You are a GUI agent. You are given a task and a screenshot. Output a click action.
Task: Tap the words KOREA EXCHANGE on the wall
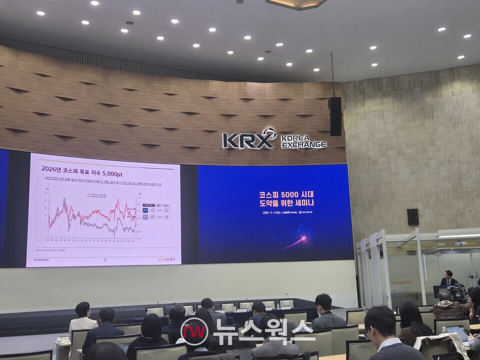click(303, 141)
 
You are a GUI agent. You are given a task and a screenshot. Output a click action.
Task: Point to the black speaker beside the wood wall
click(335, 116)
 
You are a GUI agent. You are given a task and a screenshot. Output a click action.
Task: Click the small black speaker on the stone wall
click(412, 216)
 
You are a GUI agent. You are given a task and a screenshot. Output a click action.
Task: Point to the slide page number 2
click(105, 259)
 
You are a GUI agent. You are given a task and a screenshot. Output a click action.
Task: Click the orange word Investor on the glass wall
click(402, 282)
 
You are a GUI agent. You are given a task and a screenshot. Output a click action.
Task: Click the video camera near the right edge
click(457, 292)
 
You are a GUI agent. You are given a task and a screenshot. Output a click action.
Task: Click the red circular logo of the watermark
click(194, 331)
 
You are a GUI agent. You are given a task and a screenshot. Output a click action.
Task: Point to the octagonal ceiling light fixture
click(296, 4)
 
